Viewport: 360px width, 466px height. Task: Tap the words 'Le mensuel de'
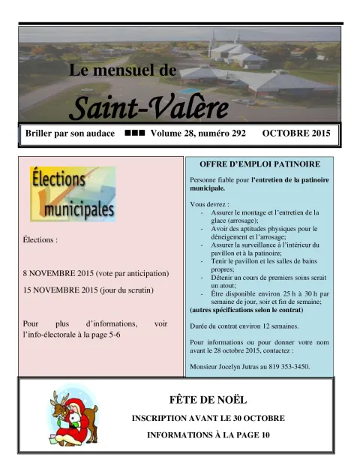pos(122,71)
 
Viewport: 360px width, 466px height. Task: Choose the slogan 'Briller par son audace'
pos(69,134)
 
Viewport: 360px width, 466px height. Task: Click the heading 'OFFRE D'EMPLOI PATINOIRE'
pos(259,164)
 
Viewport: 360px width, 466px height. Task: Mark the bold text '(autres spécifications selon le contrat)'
pos(247,309)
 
